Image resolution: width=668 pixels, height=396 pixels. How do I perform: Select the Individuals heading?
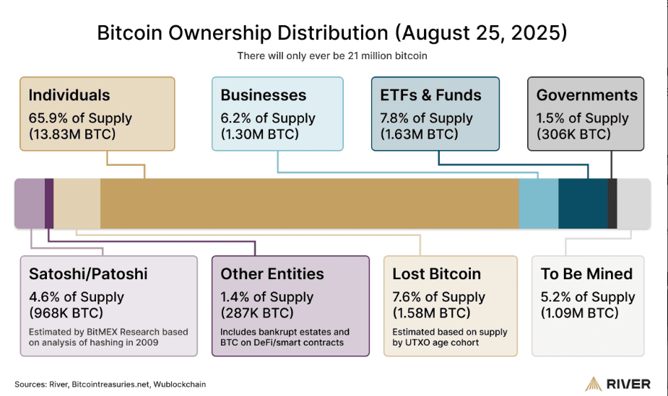pos(69,95)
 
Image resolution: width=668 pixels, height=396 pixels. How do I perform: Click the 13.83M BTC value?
pos(74,134)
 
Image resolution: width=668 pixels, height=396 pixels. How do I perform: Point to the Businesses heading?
pos(264,95)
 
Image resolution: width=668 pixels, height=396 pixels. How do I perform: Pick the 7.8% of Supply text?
pos(426,118)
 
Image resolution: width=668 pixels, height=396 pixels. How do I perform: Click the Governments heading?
pos(587,95)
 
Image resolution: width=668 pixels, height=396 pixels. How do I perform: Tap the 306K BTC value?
pos(574,134)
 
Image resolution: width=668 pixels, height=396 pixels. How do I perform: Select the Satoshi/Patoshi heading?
pos(88,274)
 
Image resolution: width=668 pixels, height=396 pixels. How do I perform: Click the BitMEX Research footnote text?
pos(108,337)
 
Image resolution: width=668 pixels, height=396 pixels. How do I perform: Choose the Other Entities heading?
pos(272,274)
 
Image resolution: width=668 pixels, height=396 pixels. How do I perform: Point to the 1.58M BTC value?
pos(431,313)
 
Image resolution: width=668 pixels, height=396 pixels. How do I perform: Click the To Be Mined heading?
pos(586,274)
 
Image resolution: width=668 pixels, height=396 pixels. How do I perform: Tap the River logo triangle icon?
pos(593,384)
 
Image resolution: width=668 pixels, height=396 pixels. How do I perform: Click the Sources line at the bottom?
pos(110,384)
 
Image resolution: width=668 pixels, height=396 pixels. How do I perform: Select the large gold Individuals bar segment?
pos(309,203)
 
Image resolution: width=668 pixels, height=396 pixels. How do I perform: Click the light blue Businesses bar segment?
pos(538,203)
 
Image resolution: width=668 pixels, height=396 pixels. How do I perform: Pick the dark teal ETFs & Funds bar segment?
pos(583,203)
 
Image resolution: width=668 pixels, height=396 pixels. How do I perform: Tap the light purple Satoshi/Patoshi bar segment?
pos(29,203)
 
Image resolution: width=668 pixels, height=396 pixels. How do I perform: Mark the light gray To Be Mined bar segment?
pos(633,203)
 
